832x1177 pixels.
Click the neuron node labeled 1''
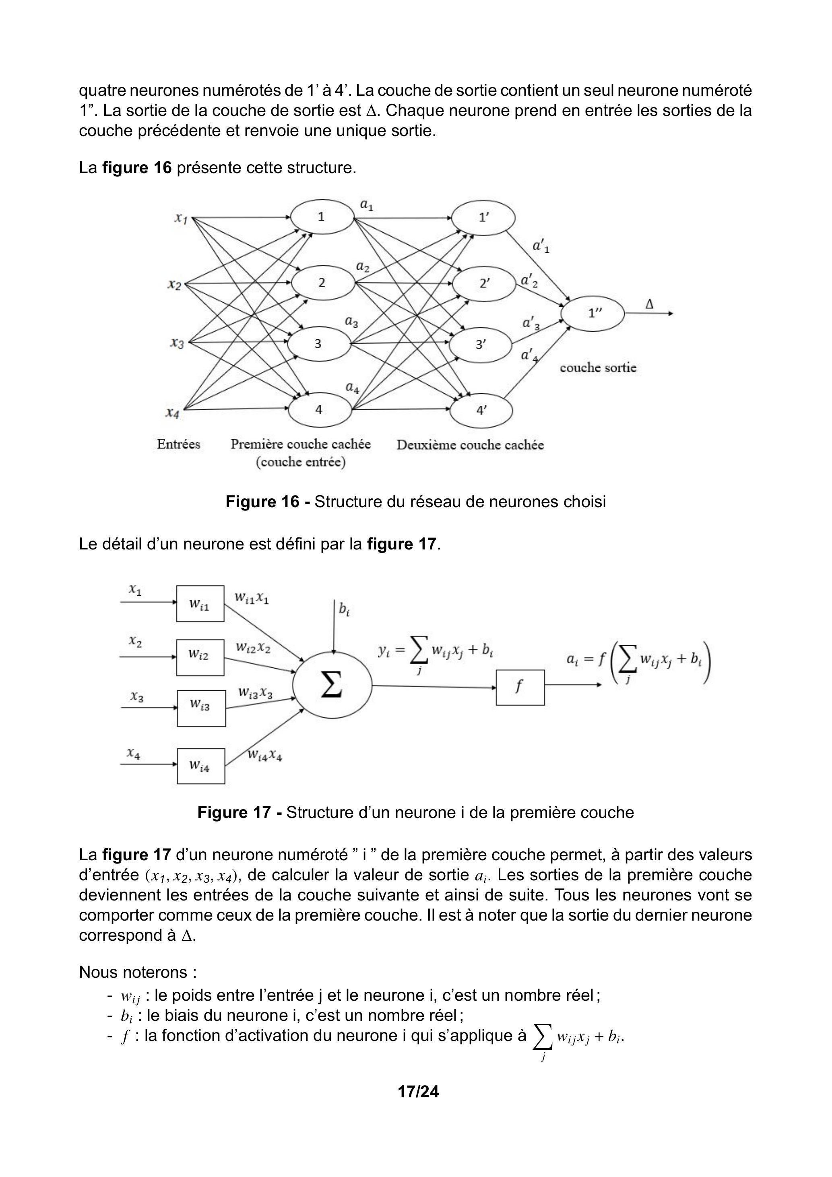pyautogui.click(x=593, y=313)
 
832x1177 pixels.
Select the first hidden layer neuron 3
pyautogui.click(x=319, y=343)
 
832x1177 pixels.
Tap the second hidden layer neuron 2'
pyautogui.click(x=484, y=283)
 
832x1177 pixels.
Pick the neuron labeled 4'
pyautogui.click(x=481, y=410)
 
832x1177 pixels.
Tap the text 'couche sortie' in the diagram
pyautogui.click(x=598, y=368)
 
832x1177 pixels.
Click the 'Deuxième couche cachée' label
pyautogui.click(x=470, y=445)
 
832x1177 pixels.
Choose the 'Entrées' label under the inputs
pyautogui.click(x=178, y=444)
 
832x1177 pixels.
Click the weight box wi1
pyautogui.click(x=200, y=604)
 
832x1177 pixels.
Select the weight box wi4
pyautogui.click(x=200, y=766)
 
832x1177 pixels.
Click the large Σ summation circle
pyautogui.click(x=332, y=686)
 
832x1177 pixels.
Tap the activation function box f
pyautogui.click(x=520, y=688)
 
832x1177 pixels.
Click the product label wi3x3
pyautogui.click(x=255, y=693)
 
